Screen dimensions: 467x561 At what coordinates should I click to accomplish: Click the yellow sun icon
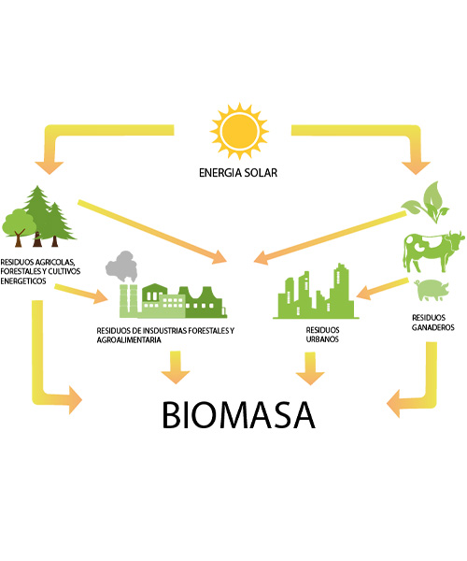(x=239, y=131)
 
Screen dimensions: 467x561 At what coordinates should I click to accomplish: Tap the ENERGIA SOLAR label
(x=238, y=173)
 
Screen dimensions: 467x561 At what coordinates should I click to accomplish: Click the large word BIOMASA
(x=239, y=414)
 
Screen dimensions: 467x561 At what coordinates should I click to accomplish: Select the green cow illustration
(x=433, y=251)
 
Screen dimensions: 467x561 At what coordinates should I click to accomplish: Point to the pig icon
(x=431, y=290)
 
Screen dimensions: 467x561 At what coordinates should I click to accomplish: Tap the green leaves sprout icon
(x=426, y=202)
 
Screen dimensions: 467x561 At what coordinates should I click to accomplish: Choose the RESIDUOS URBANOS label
(x=322, y=335)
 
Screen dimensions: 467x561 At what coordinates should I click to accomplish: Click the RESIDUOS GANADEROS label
(x=432, y=323)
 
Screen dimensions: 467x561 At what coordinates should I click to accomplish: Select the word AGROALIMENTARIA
(x=129, y=340)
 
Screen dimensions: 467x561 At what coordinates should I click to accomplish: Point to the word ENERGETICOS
(x=23, y=281)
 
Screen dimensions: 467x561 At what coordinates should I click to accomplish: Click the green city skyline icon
(x=316, y=292)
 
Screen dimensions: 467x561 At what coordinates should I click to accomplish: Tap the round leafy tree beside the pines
(x=19, y=227)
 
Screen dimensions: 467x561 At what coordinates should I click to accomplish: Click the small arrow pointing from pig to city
(x=382, y=289)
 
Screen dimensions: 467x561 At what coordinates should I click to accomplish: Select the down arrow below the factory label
(x=175, y=367)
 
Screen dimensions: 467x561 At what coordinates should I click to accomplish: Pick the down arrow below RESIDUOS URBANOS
(x=310, y=368)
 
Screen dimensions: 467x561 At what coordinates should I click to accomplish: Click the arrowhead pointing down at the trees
(x=50, y=167)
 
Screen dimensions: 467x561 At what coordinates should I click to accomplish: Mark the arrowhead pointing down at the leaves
(x=416, y=167)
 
